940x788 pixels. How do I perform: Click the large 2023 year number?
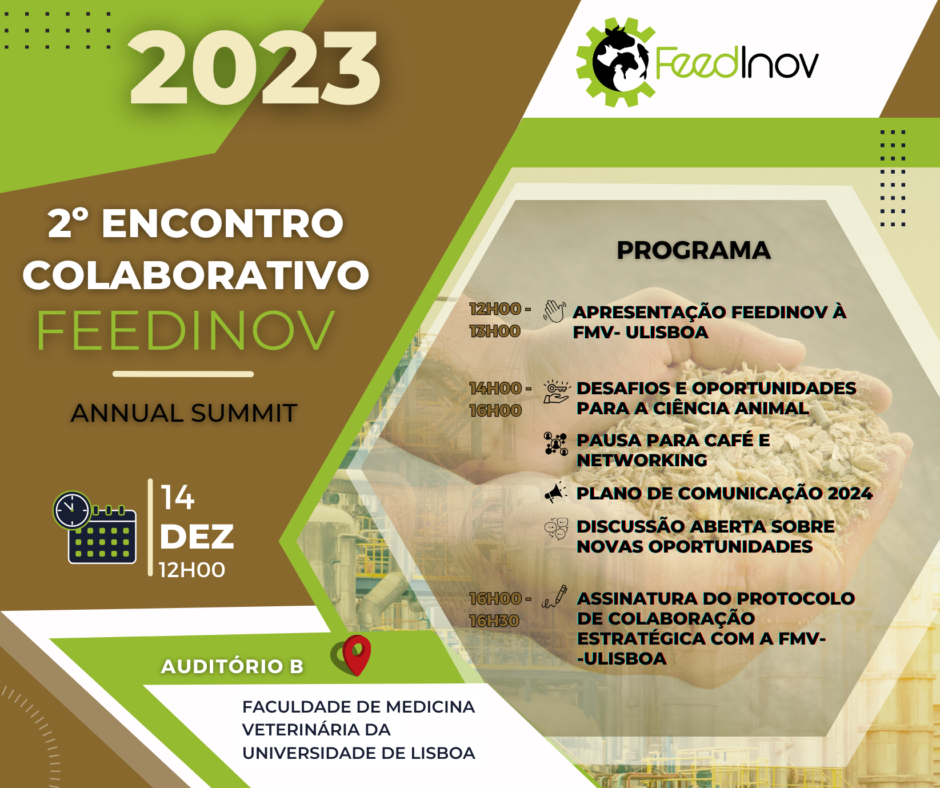click(x=255, y=69)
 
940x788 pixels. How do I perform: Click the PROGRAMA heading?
click(x=694, y=250)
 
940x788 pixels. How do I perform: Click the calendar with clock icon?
click(x=95, y=527)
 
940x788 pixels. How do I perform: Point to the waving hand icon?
click(x=554, y=311)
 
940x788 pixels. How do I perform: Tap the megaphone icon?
click(x=555, y=493)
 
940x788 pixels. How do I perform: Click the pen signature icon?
click(x=555, y=597)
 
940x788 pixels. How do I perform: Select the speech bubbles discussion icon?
click(x=556, y=529)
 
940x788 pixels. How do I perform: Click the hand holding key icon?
click(x=557, y=392)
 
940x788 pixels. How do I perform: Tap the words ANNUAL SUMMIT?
click(x=184, y=413)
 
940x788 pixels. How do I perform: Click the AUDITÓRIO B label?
click(x=232, y=666)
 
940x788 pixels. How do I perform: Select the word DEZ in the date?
click(x=197, y=537)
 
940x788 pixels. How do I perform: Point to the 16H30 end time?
click(x=494, y=621)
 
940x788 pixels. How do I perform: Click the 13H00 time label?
click(x=495, y=331)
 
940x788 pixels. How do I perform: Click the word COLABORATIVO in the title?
click(x=196, y=275)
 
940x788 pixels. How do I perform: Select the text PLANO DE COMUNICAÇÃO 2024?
click(x=725, y=493)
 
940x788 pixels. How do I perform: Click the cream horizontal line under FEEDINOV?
click(x=183, y=374)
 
